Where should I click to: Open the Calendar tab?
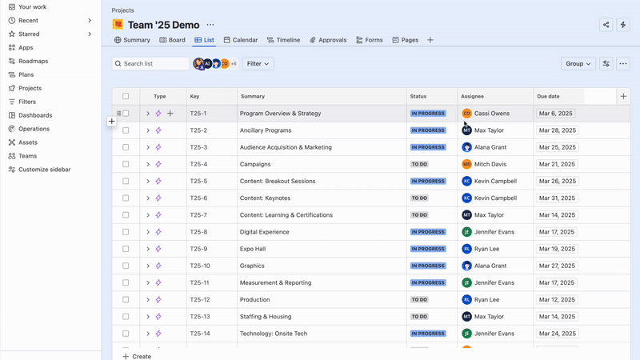[x=241, y=40]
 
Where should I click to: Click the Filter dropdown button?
[x=258, y=63]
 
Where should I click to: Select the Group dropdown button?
[x=578, y=63]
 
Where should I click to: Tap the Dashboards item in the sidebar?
[x=35, y=115]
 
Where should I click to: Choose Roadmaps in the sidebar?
[x=33, y=61]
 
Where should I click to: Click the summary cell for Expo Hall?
[x=252, y=249]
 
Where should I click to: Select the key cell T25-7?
[x=198, y=215]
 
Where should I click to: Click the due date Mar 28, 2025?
[x=557, y=130]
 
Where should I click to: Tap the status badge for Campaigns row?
[x=419, y=164]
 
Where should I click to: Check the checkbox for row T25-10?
[x=126, y=266]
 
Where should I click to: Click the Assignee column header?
[x=472, y=96]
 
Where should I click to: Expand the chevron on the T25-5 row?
[x=148, y=182]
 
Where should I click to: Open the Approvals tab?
[x=328, y=40]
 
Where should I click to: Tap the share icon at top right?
[x=606, y=25]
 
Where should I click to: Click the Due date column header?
[x=548, y=96]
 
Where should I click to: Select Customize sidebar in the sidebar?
[x=44, y=170]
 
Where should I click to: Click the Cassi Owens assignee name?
[x=491, y=114]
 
